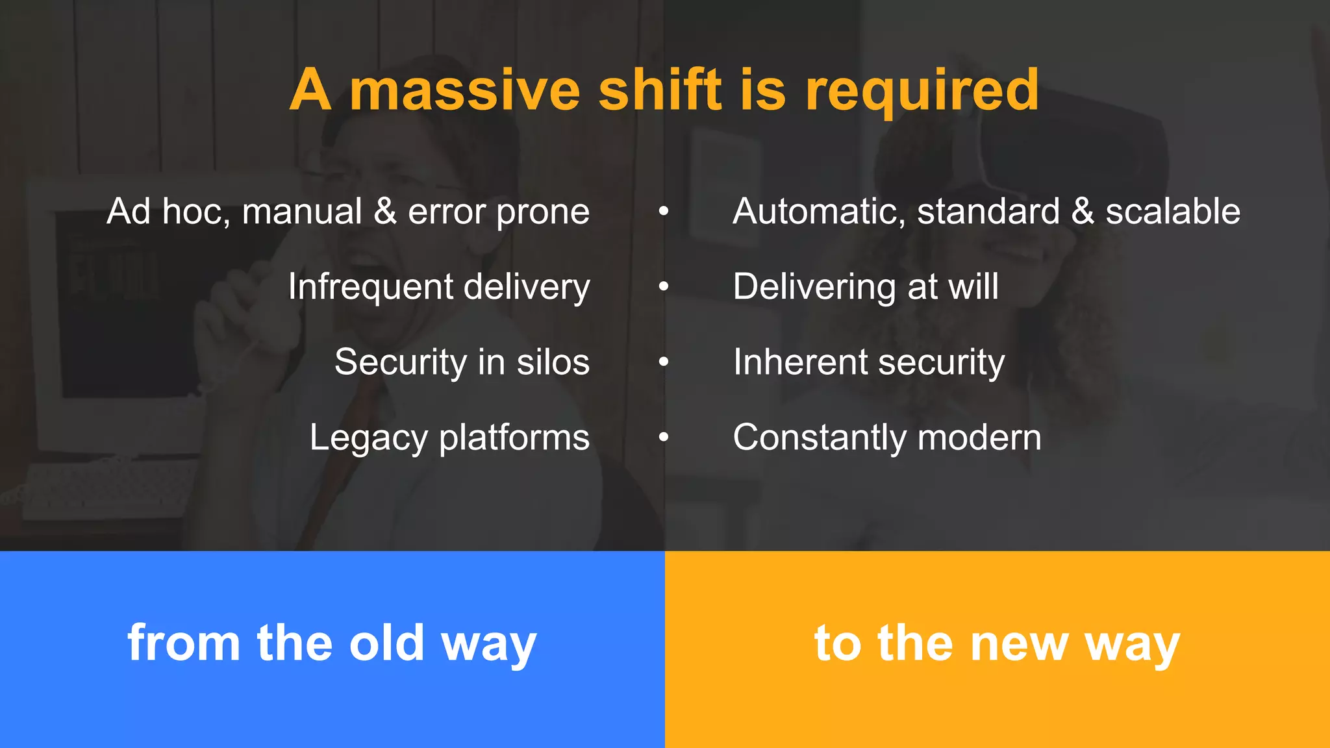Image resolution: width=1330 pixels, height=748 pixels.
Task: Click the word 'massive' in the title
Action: point(464,91)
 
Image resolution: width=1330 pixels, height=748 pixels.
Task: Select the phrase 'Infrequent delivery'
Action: point(439,287)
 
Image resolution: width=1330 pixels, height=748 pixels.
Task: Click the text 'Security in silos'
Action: point(462,362)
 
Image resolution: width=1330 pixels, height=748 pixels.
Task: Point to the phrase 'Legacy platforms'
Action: point(449,438)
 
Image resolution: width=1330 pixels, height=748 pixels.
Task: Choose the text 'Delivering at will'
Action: point(866,287)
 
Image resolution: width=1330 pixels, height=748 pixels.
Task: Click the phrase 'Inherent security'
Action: point(869,362)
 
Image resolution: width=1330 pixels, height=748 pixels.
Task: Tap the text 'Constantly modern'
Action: point(887,438)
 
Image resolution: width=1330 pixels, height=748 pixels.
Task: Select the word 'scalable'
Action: point(1173,212)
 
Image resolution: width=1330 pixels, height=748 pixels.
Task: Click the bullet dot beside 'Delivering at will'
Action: point(663,286)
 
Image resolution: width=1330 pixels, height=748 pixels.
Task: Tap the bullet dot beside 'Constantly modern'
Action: point(663,437)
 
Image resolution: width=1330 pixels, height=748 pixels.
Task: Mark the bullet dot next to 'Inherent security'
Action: point(663,362)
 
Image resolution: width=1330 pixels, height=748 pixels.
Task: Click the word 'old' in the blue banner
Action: point(386,643)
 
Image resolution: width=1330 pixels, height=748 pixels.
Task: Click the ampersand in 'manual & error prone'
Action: point(385,212)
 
